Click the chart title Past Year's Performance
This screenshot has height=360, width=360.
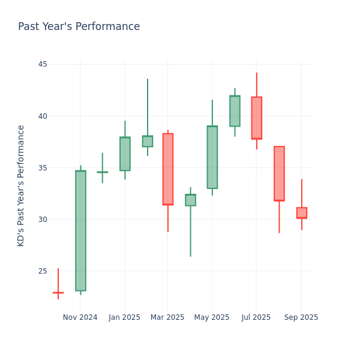(x=79, y=27)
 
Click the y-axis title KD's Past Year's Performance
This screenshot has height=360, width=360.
(x=22, y=185)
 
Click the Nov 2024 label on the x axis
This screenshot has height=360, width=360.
(x=80, y=317)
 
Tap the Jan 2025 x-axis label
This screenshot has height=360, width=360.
(x=124, y=317)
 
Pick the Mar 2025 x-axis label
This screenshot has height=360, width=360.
(x=167, y=317)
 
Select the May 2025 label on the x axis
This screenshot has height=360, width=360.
(x=212, y=317)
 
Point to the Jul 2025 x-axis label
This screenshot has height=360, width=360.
(x=256, y=317)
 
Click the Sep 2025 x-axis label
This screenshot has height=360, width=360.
(x=301, y=317)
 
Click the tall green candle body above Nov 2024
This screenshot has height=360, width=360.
(x=80, y=230)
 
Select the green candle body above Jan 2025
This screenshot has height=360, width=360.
(x=125, y=154)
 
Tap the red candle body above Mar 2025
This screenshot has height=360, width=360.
(x=168, y=169)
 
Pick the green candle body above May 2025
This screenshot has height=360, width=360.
(x=212, y=157)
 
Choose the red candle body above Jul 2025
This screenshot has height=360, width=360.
(x=257, y=118)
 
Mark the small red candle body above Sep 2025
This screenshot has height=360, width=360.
(x=302, y=213)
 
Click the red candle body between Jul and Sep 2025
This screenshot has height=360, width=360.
(x=279, y=173)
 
